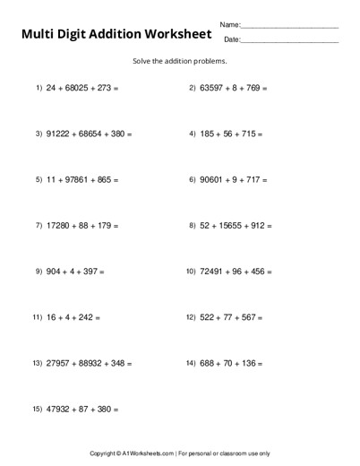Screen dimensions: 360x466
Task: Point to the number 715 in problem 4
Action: point(251,134)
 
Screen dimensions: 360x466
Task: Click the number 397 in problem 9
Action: point(89,271)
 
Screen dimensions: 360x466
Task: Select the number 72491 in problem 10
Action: point(212,271)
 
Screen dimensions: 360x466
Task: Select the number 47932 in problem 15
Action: point(59,409)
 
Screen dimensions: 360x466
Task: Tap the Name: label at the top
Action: point(230,24)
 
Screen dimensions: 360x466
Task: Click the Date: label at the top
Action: point(231,39)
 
